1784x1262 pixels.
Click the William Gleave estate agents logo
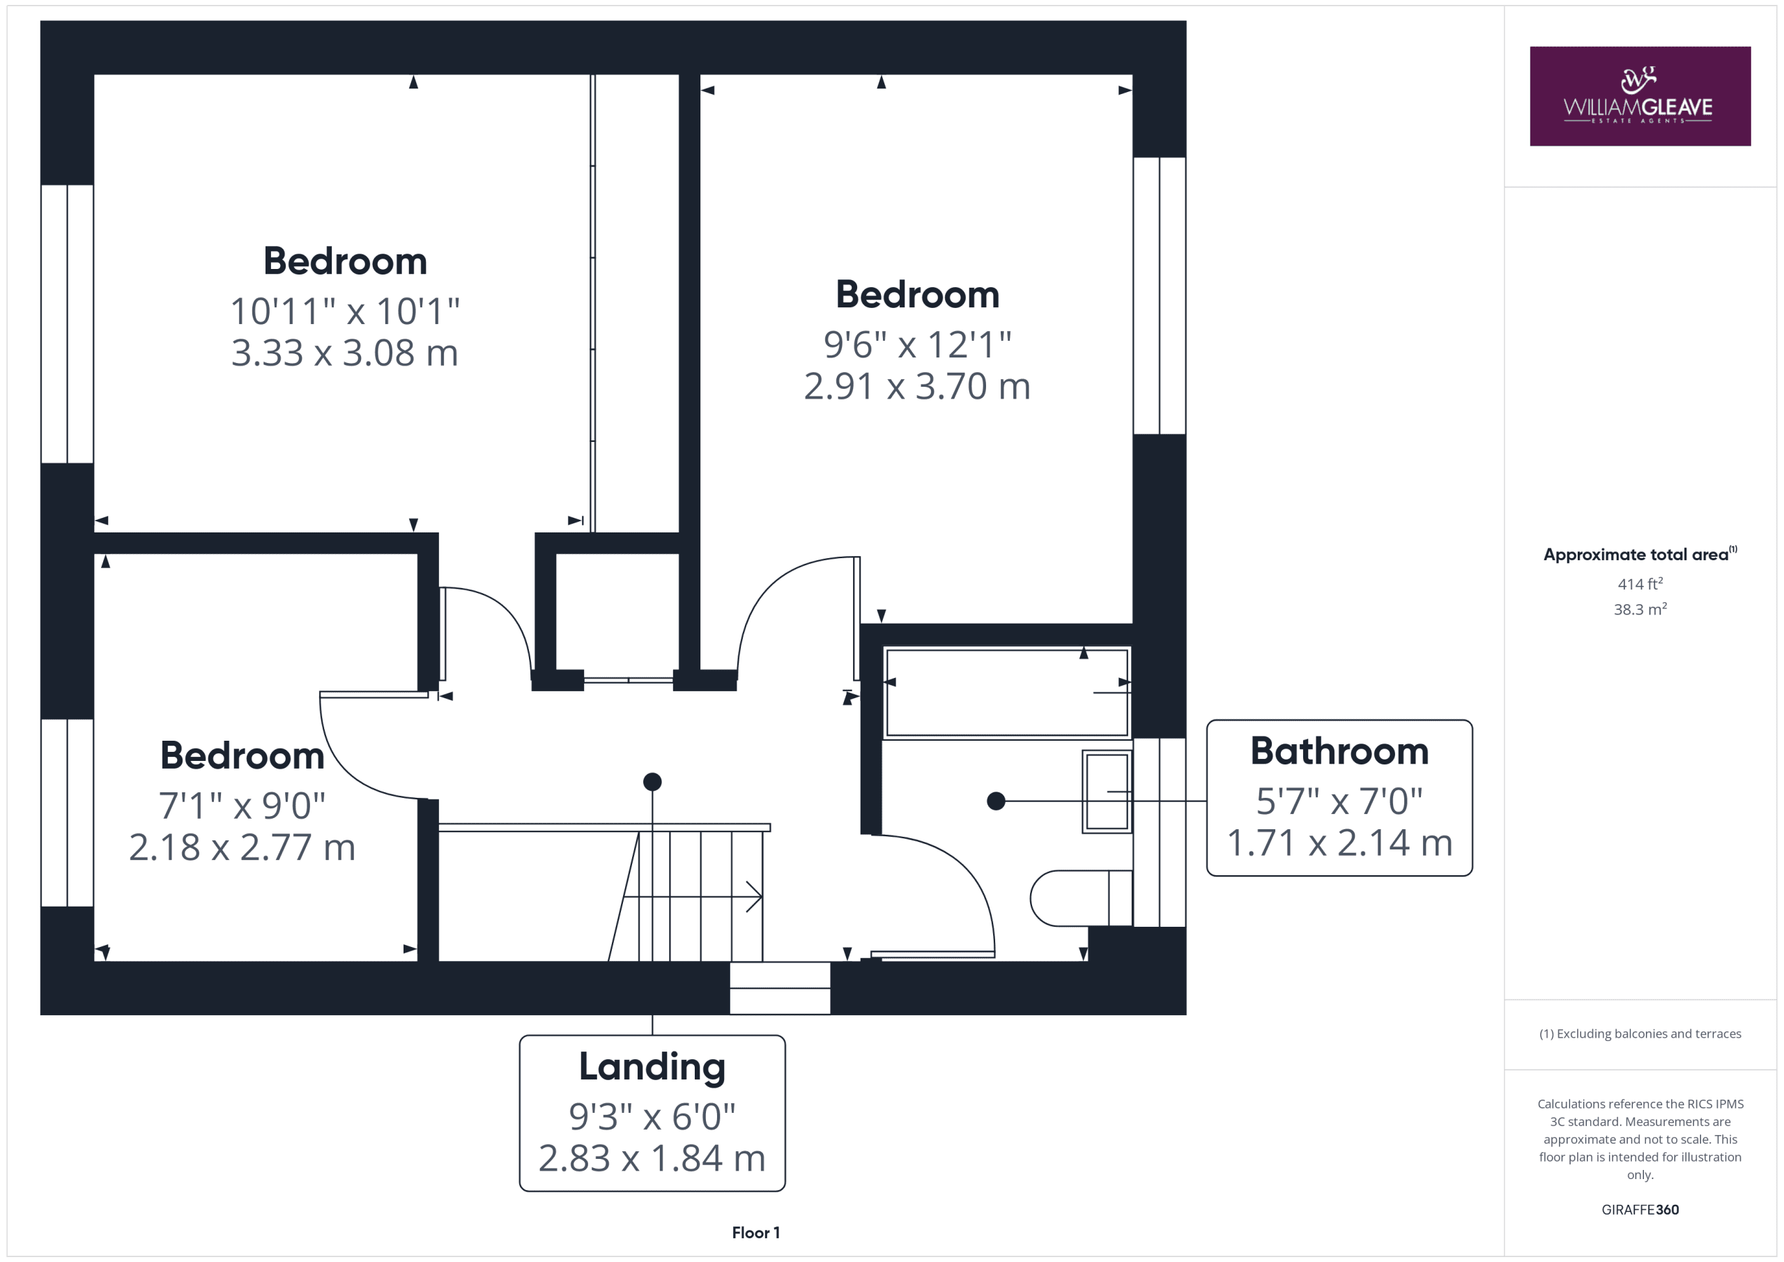(x=1640, y=96)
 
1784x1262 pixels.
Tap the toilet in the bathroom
(x=1081, y=898)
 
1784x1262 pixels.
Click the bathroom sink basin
(x=1107, y=792)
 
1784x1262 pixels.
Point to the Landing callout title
(x=652, y=1067)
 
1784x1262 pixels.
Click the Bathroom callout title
(x=1339, y=751)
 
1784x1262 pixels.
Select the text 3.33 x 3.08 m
(x=344, y=353)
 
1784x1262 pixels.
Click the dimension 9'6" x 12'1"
(x=917, y=344)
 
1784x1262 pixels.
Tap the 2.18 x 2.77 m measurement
(x=242, y=847)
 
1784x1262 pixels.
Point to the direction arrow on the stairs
(x=692, y=897)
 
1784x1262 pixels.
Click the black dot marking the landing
(x=652, y=782)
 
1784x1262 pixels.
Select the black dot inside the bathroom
(x=996, y=801)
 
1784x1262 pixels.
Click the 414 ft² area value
(x=1640, y=583)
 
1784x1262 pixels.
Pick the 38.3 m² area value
(x=1640, y=609)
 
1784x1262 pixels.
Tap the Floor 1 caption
(x=755, y=1233)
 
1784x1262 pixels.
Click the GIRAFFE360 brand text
(x=1640, y=1209)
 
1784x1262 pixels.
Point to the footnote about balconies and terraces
(x=1640, y=1033)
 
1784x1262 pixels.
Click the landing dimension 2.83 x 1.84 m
(x=652, y=1159)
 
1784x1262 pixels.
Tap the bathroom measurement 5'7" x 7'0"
(x=1339, y=801)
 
